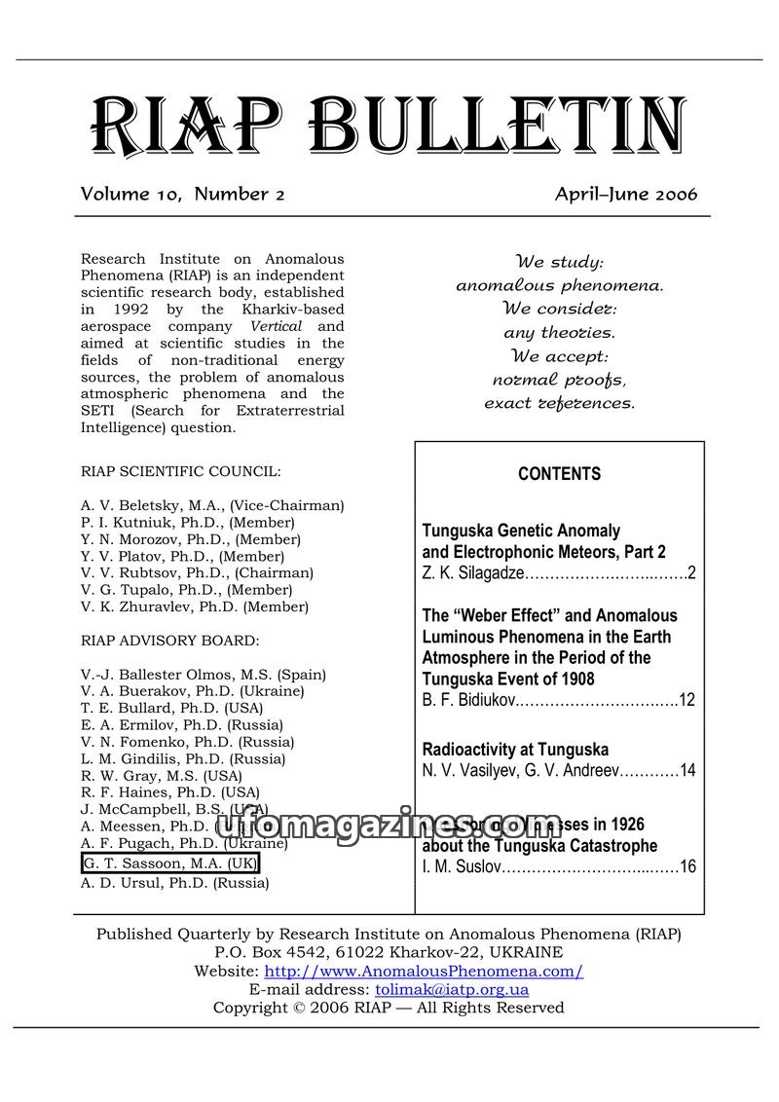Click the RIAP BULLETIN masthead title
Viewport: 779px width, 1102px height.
387,128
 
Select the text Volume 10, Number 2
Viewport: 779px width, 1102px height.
182,194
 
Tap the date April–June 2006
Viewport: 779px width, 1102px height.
626,194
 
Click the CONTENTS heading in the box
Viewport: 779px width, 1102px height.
559,474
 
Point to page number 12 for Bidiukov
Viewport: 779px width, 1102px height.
686,700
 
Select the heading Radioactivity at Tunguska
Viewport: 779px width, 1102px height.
515,750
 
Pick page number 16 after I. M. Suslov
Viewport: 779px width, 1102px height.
687,866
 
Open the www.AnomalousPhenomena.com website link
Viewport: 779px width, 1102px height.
424,972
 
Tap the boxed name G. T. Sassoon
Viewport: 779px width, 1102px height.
170,864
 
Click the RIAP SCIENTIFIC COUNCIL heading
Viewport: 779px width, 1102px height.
181,471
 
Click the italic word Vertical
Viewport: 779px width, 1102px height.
277,326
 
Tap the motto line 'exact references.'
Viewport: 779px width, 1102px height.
559,402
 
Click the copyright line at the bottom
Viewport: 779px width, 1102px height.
389,1008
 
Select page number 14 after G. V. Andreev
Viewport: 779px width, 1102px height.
687,771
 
